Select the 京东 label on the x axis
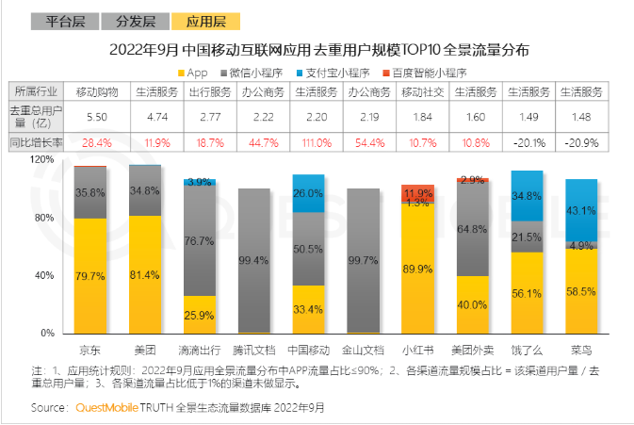(x=90, y=348)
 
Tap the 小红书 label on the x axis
(x=418, y=348)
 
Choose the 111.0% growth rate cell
(x=309, y=142)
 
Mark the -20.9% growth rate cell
(x=581, y=142)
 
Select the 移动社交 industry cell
(x=418, y=92)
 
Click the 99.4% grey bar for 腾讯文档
(x=254, y=260)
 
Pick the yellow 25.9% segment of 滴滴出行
(x=200, y=315)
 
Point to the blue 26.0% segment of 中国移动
(x=309, y=192)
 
